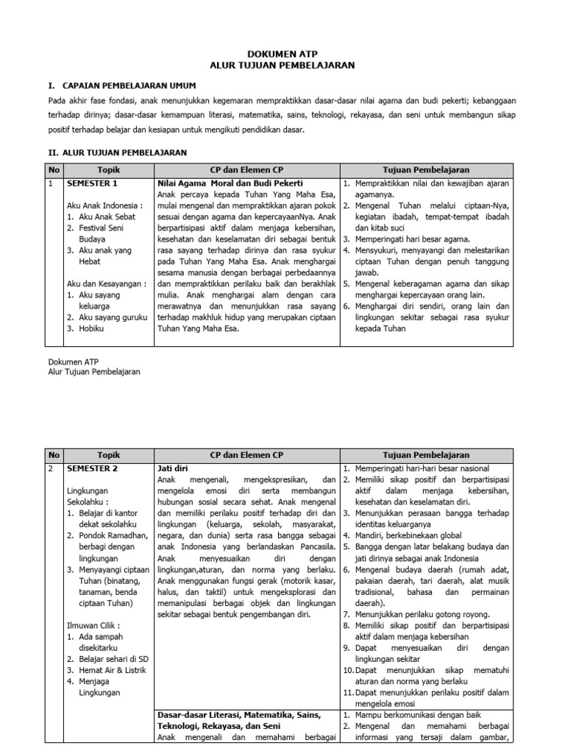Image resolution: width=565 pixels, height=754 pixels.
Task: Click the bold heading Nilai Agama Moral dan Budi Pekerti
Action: click(x=230, y=182)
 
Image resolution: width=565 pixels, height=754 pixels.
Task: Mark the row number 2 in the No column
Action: click(x=51, y=468)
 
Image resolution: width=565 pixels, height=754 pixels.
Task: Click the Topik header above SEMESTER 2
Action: click(x=108, y=455)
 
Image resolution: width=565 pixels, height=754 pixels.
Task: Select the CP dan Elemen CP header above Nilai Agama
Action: click(x=246, y=169)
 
